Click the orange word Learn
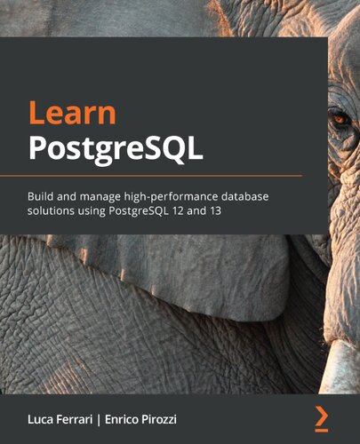pos(72,113)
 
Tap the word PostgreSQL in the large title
pos(116,148)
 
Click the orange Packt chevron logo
pos(321,415)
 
